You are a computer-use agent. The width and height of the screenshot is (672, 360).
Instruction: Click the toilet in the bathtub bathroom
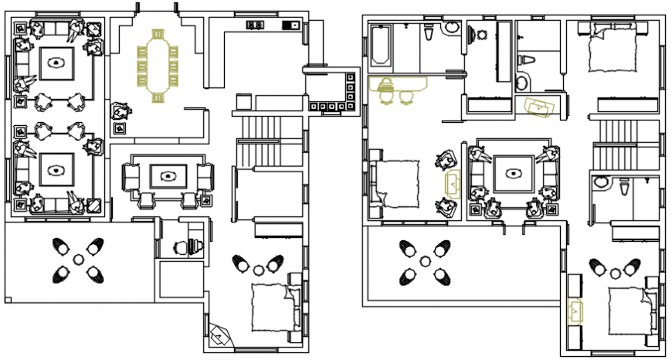429,33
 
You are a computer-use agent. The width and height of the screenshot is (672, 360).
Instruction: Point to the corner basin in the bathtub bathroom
452,29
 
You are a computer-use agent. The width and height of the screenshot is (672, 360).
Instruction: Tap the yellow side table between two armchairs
451,183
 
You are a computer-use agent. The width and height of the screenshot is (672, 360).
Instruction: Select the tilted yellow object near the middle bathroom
539,107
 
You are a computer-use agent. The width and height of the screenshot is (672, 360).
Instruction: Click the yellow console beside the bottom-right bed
574,310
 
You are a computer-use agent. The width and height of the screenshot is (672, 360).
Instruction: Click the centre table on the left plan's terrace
77,260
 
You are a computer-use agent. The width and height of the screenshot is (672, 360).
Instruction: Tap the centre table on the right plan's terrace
423,262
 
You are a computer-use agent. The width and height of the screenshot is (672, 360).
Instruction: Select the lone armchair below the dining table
120,112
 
